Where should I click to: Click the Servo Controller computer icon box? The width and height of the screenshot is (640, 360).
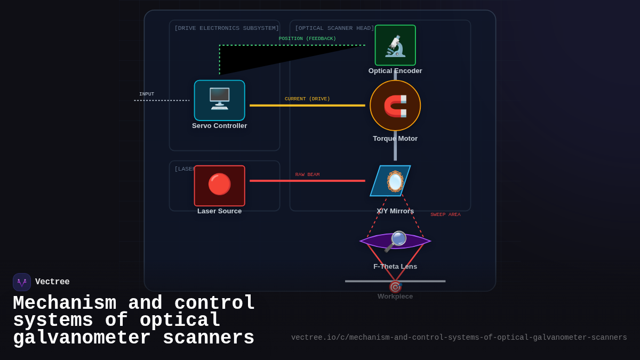click(x=219, y=100)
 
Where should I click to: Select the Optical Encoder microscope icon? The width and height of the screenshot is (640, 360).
click(x=395, y=45)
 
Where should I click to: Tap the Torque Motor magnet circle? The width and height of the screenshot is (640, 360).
click(x=395, y=106)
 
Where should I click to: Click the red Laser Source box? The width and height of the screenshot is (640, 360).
click(x=219, y=186)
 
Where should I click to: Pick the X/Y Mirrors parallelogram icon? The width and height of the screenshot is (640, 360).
click(x=390, y=181)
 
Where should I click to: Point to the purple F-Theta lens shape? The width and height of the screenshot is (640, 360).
click(x=395, y=241)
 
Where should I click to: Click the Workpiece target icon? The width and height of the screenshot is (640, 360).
click(x=395, y=287)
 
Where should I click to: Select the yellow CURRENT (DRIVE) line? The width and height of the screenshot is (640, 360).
click(x=307, y=106)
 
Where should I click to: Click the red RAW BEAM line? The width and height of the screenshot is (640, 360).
click(x=307, y=181)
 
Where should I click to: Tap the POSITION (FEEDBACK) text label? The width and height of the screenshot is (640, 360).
click(x=307, y=39)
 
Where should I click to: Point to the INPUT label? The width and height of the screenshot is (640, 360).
click(x=147, y=94)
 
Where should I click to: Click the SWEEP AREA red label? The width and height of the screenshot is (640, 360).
click(x=445, y=215)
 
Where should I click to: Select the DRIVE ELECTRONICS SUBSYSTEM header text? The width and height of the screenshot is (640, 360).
click(x=227, y=28)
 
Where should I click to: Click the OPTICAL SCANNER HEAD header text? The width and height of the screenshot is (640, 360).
click(x=334, y=28)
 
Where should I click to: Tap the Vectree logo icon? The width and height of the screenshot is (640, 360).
click(x=22, y=282)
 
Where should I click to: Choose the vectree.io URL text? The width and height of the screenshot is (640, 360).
click(x=459, y=338)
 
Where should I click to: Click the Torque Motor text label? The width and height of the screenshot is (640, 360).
click(x=395, y=139)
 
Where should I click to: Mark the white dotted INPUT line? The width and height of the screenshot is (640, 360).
click(x=162, y=100)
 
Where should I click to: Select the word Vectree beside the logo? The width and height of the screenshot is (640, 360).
click(x=52, y=282)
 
